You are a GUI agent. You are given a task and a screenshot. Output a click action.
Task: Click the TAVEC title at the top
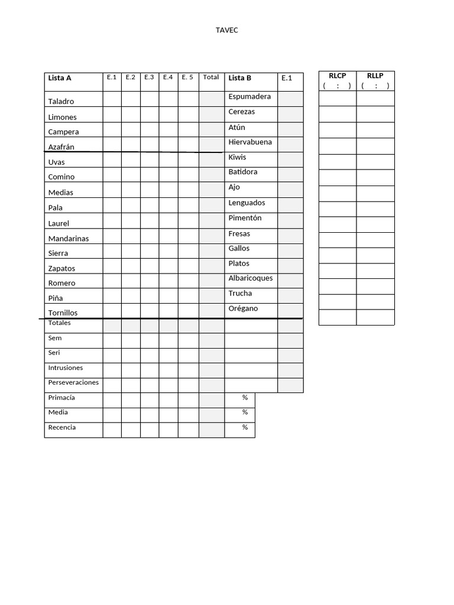pos(226,30)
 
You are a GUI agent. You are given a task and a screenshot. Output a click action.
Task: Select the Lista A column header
pos(60,78)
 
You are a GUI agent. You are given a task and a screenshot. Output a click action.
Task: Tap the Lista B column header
pos(239,78)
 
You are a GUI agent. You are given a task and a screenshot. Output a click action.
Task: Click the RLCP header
pos(337,76)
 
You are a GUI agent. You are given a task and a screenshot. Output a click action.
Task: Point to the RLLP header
pos(375,76)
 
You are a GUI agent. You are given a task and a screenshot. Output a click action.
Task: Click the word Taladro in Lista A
pos(61,102)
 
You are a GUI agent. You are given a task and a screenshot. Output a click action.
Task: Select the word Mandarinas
pos(68,239)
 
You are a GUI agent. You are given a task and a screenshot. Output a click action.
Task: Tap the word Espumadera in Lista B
pos(249,96)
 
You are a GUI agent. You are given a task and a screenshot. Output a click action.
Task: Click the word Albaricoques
pos(251,278)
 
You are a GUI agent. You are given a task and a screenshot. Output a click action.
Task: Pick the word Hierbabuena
pos(250,142)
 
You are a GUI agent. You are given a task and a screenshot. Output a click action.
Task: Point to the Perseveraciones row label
pos(73,383)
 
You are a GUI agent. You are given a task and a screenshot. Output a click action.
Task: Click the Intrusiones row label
pos(66,368)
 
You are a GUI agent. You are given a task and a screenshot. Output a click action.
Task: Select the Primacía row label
pos(61,398)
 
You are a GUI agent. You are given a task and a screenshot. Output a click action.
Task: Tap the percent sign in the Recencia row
pos(245,427)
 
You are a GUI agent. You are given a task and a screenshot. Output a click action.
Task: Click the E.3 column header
pos(149,77)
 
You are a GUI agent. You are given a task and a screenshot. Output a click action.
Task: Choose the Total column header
pos(211,77)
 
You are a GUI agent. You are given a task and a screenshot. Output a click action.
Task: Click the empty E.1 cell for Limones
pos(112,114)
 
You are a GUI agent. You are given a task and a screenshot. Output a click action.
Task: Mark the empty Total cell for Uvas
pos(212,160)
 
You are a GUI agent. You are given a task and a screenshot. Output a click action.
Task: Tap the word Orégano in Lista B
pos(243,308)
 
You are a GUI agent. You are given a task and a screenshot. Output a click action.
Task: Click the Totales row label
pos(59,323)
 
